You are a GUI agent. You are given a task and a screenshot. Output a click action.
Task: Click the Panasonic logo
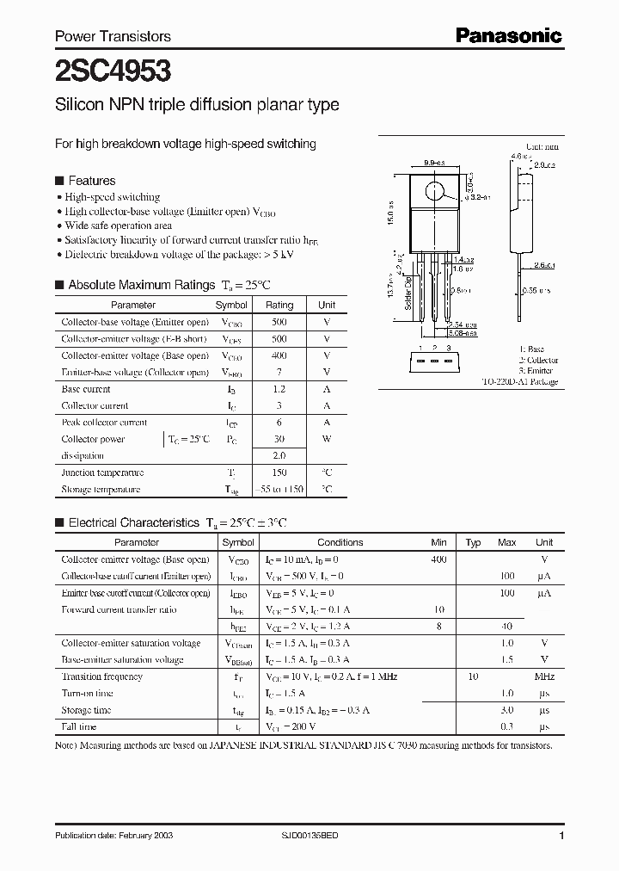(508, 35)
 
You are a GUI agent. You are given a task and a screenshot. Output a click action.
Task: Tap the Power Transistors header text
(113, 36)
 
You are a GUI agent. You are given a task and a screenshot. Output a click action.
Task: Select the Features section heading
(91, 181)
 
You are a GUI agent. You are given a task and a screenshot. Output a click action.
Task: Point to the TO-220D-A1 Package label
(522, 381)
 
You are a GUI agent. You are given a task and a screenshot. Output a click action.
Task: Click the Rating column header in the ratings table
(279, 305)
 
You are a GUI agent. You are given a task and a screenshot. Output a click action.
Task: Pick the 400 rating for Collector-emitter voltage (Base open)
(279, 355)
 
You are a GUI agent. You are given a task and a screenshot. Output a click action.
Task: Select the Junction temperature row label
(102, 473)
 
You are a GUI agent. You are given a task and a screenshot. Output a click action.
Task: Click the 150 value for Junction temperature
(279, 473)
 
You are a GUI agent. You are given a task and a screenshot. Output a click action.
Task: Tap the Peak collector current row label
(104, 423)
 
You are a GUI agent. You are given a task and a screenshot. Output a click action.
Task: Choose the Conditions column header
(340, 542)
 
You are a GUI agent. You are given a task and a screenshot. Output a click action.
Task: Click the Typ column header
(473, 542)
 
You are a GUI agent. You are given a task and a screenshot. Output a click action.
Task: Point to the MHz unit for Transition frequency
(544, 676)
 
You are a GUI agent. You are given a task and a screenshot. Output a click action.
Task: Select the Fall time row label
(79, 726)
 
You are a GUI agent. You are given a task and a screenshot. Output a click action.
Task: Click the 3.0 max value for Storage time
(507, 710)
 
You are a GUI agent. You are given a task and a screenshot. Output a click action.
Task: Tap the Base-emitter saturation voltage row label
(122, 660)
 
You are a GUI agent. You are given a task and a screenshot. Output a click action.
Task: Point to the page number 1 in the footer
(561, 837)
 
